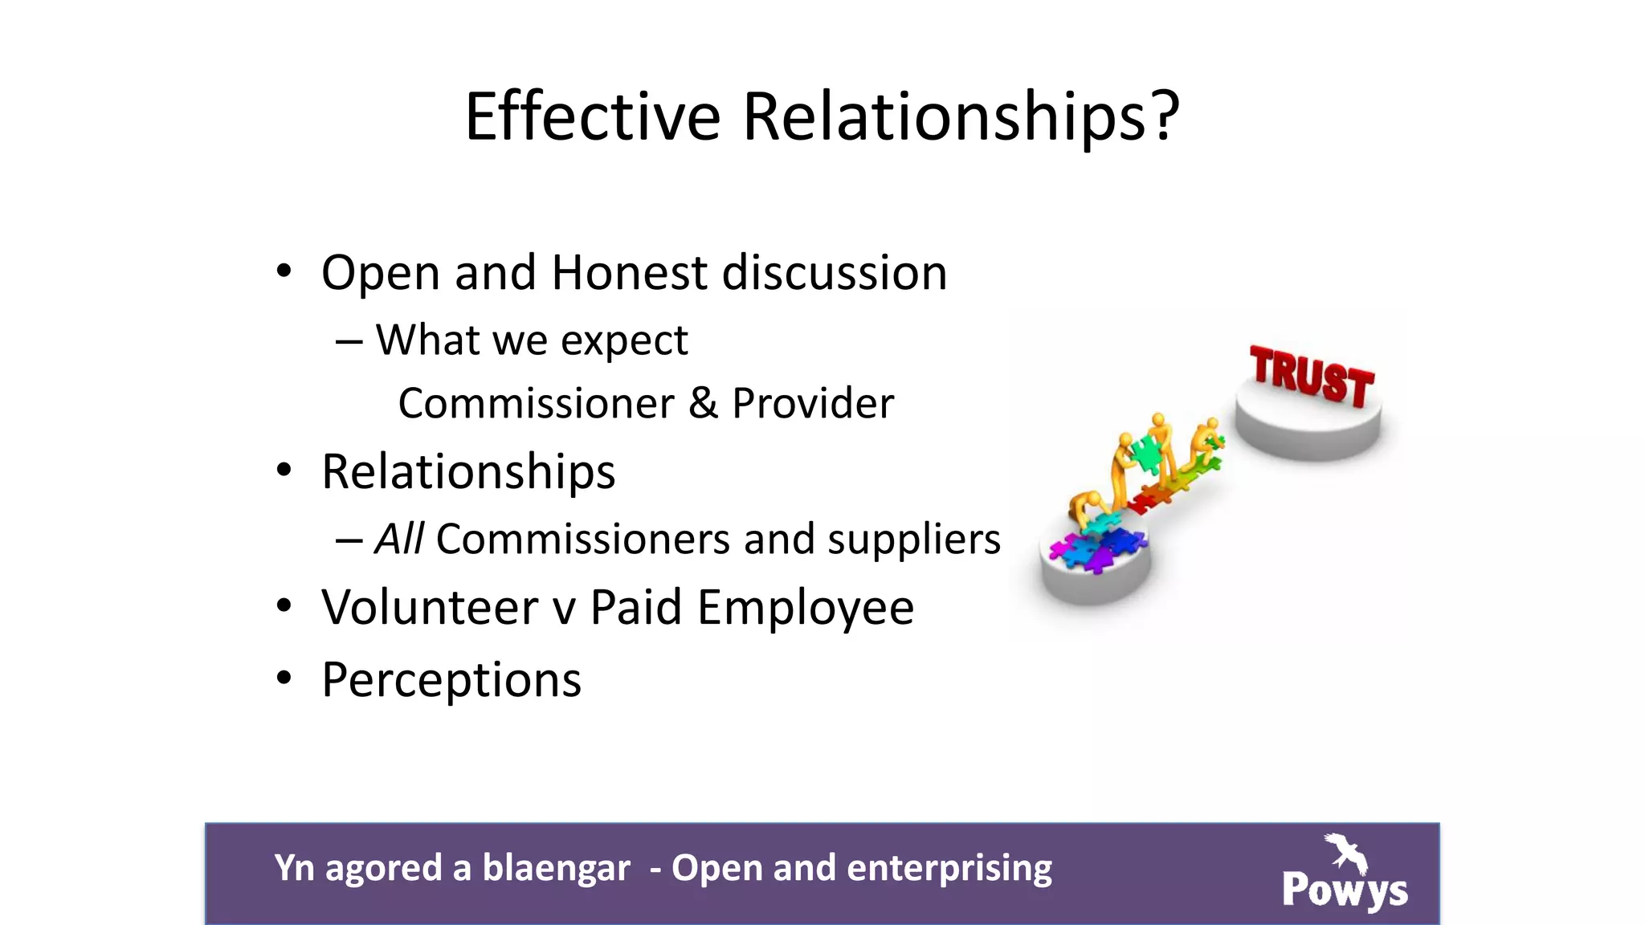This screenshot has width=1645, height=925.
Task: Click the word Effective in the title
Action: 593,116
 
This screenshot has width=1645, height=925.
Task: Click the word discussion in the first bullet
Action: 835,273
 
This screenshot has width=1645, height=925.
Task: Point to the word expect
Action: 624,341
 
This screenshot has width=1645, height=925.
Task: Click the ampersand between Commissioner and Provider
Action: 703,403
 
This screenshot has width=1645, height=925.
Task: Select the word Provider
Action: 812,403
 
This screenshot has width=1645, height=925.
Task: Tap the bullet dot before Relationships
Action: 284,470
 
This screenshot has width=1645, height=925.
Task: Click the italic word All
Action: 399,538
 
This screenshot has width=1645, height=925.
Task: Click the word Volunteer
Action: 430,607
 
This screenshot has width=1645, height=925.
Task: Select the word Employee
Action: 806,609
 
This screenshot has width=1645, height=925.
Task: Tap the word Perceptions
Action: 451,681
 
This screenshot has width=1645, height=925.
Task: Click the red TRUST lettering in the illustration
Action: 1312,377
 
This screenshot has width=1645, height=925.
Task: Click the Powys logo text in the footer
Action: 1345,890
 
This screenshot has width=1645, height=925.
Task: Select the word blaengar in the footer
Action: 556,869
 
